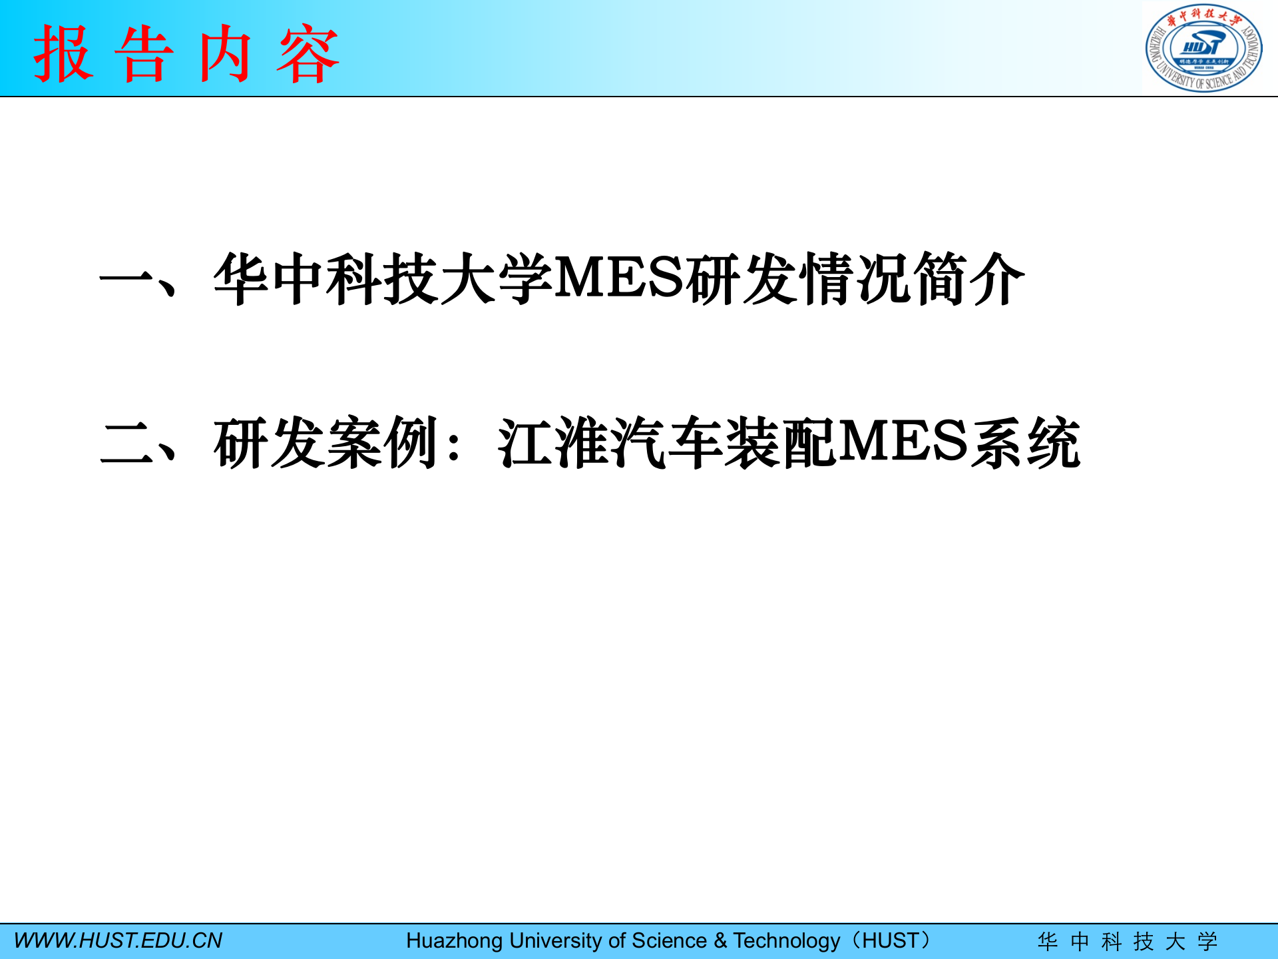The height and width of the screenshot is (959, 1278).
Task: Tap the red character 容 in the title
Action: point(308,54)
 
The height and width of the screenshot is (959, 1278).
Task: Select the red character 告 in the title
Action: point(144,54)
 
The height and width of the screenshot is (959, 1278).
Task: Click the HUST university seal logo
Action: point(1203,48)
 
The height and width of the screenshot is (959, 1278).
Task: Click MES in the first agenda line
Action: point(619,278)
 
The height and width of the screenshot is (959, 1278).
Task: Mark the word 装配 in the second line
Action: point(780,443)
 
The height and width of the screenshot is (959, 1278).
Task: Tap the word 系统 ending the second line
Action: point(1025,443)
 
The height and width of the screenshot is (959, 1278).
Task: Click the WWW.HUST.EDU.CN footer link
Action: point(118,940)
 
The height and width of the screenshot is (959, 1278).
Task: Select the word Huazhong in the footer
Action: point(454,940)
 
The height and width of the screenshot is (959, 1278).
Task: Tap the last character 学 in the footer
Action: point(1207,941)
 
